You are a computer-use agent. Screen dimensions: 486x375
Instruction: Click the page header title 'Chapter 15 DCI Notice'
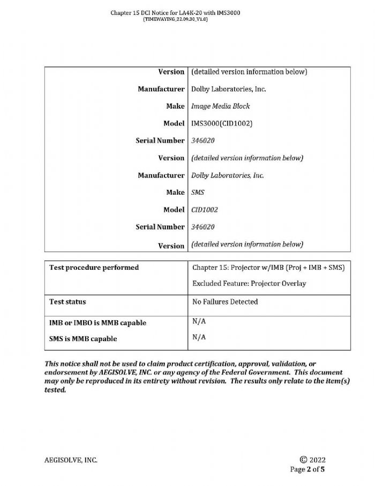[175, 12]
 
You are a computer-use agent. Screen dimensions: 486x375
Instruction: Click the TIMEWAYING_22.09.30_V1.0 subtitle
[175, 19]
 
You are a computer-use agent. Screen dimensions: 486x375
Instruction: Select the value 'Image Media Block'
[221, 106]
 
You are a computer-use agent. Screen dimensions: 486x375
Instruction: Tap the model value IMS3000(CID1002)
[222, 123]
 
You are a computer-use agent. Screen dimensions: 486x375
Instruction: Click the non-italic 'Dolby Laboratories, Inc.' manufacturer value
[228, 89]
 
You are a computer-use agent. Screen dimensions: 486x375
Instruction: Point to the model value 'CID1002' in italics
[204, 209]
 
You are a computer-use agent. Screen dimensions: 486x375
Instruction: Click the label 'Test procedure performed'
[94, 267]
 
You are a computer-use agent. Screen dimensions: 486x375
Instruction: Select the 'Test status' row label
[67, 302]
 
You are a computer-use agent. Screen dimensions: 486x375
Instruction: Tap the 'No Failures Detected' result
[225, 302]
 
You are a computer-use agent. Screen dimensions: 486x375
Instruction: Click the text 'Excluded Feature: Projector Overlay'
[249, 284]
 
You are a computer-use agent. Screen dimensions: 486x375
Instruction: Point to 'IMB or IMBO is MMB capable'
[97, 323]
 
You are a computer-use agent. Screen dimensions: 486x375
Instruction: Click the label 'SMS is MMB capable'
[83, 339]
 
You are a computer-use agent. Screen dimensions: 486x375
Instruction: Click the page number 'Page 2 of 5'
[307, 469]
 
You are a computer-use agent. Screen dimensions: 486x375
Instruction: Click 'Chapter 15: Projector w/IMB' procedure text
[237, 267]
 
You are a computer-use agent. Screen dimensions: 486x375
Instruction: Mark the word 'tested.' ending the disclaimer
[55, 390]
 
